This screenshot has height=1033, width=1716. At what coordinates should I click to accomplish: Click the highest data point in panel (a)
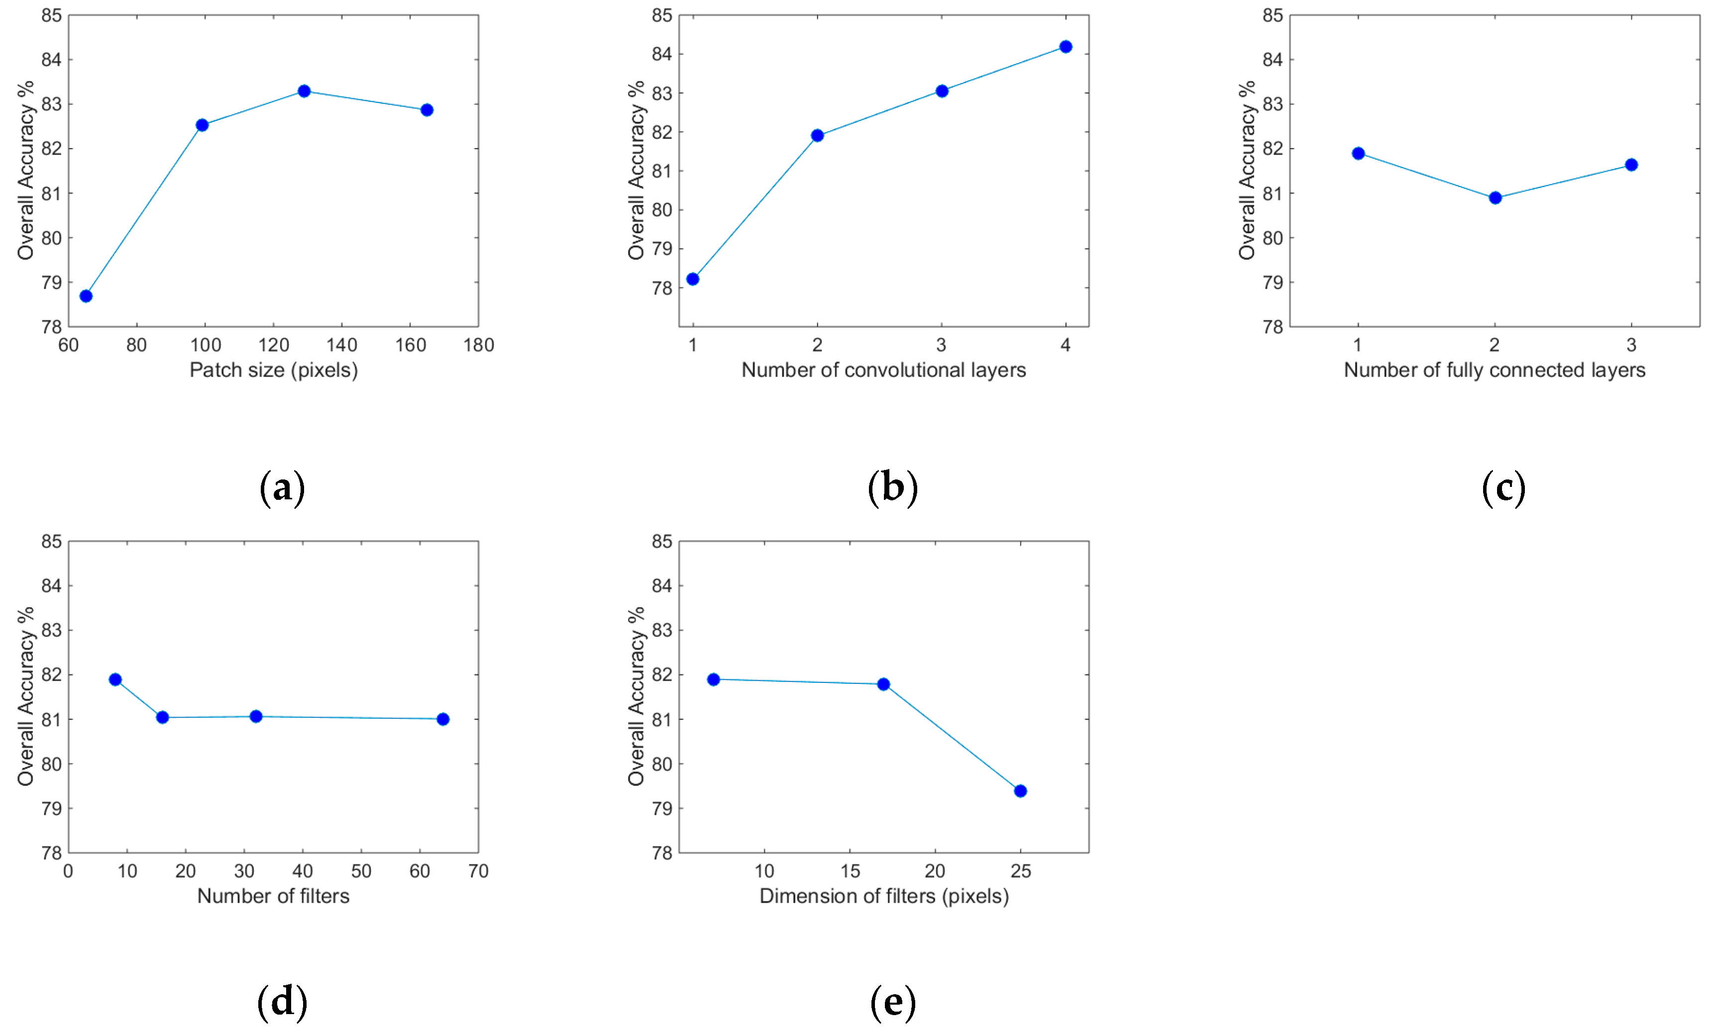304,91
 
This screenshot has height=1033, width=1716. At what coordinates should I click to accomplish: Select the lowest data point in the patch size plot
87,296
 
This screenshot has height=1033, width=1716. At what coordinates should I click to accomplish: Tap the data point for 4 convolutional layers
1065,47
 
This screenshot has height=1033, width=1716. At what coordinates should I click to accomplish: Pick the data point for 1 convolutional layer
692,279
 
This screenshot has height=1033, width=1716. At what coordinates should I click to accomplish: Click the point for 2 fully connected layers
1495,197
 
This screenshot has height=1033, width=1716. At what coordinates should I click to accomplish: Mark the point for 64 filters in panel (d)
443,719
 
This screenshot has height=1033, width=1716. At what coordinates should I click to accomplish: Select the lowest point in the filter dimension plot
1020,791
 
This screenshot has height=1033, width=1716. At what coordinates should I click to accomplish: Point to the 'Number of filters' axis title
273,896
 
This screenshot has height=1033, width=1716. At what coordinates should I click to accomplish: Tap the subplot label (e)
892,1002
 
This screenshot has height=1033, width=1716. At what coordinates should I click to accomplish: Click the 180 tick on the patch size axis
478,345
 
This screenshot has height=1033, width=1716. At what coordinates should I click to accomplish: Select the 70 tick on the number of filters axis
478,871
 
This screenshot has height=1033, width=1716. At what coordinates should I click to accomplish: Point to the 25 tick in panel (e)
1020,871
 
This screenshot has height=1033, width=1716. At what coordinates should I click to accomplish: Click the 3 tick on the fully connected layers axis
1631,345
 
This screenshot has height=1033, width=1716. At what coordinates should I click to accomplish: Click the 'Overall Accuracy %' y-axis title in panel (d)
26,696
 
